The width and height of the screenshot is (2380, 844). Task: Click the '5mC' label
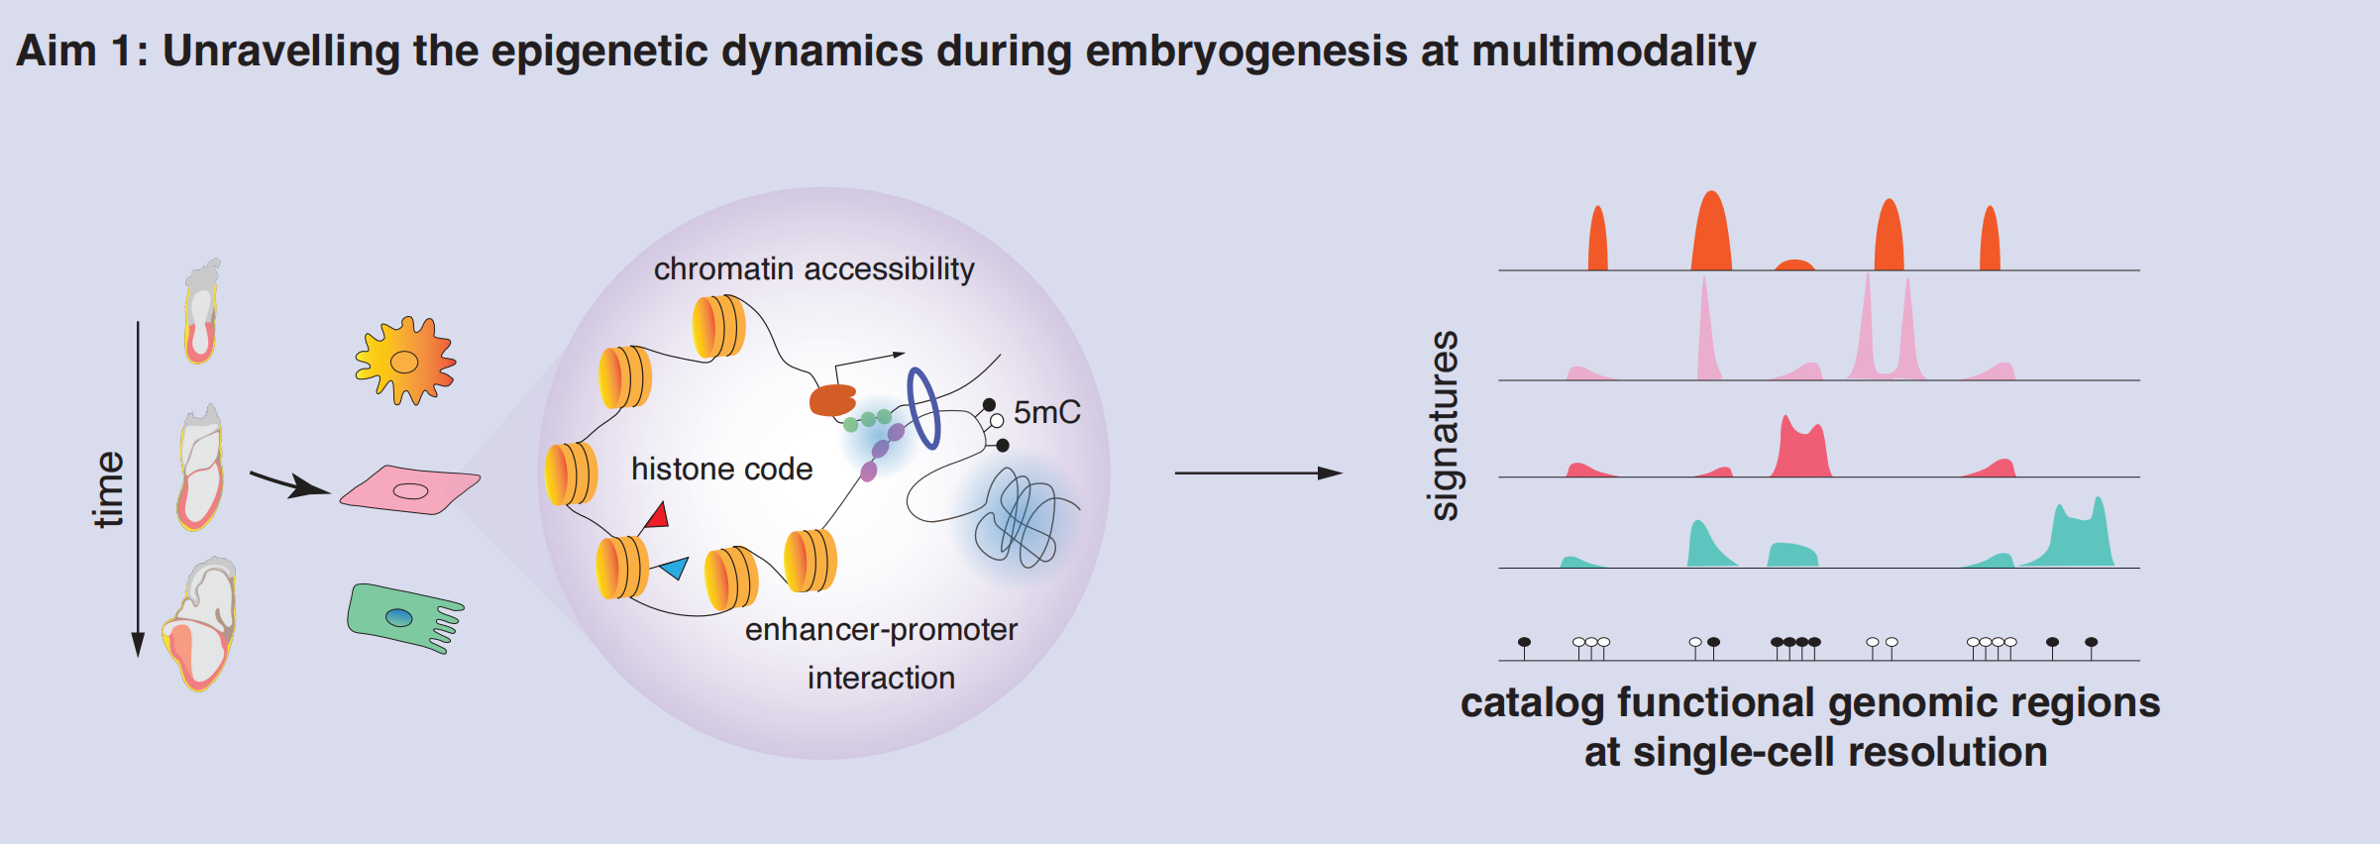(1046, 412)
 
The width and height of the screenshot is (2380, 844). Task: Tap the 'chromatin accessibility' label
(813, 268)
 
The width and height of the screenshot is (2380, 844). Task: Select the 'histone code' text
(721, 469)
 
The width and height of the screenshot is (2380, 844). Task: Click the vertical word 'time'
(108, 489)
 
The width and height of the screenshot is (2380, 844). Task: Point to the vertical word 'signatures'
(1444, 426)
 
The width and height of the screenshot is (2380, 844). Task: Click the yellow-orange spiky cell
(404, 361)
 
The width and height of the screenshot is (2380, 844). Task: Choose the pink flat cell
(410, 489)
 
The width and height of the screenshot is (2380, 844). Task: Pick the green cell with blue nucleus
(401, 617)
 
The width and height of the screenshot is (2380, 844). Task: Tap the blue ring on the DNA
(923, 408)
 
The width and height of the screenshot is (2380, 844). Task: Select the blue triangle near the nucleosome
(676, 568)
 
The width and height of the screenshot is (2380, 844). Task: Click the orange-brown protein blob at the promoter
(832, 400)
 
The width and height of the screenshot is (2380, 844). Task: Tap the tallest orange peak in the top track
(1711, 233)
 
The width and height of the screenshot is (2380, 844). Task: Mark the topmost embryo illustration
(201, 312)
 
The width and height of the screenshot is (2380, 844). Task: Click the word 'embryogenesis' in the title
(1245, 51)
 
